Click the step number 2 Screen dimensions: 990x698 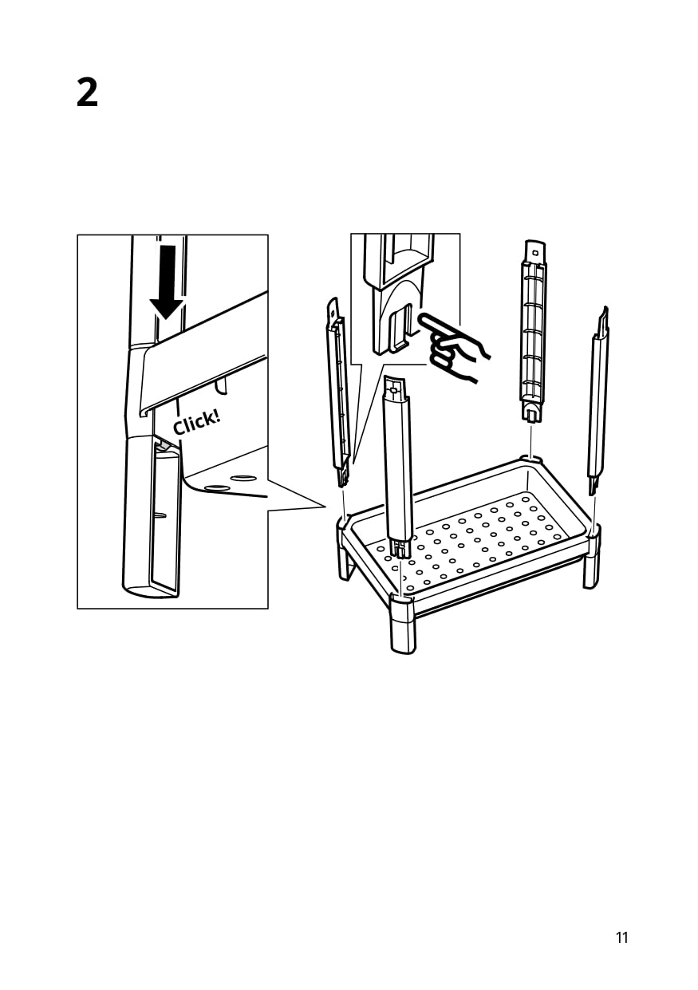88,93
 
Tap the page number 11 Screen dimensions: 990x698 622,937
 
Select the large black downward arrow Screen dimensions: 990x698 167,278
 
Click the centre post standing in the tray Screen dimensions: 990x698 397,463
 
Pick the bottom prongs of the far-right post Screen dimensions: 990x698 593,484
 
